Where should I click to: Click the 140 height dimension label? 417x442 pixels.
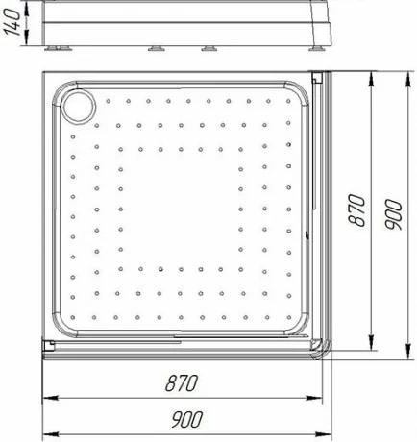pyautogui.click(x=12, y=22)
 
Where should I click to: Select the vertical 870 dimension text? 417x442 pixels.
pyautogui.click(x=356, y=210)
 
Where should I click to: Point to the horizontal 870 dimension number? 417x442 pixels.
pyautogui.click(x=182, y=383)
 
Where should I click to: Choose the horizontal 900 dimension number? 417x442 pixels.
pyautogui.click(x=187, y=419)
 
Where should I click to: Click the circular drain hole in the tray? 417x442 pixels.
pyautogui.click(x=79, y=107)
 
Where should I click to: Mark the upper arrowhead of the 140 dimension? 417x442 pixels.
pyautogui.click(x=27, y=12)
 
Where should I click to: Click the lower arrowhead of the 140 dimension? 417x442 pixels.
pyautogui.click(x=27, y=37)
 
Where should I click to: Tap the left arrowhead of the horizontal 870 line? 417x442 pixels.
pyautogui.click(x=51, y=398)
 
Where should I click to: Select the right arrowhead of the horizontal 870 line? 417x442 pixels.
pyautogui.click(x=314, y=398)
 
